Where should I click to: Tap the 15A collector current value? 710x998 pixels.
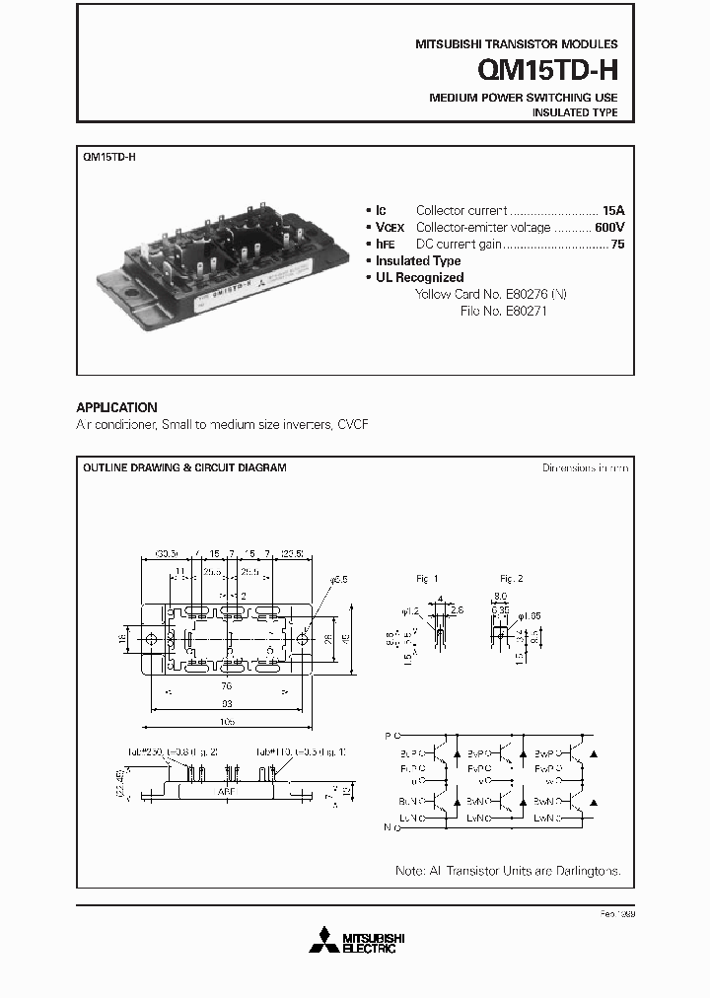click(x=613, y=211)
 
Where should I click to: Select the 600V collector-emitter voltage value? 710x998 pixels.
click(x=608, y=227)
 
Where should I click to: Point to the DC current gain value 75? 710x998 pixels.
click(x=617, y=244)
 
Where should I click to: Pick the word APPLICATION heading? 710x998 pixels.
click(x=116, y=407)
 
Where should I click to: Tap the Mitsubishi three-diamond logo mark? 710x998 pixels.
click(x=322, y=941)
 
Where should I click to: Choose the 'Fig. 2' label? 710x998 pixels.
click(x=511, y=578)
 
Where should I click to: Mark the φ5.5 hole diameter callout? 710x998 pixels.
click(x=339, y=581)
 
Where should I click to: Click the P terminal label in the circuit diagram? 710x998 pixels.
click(x=388, y=736)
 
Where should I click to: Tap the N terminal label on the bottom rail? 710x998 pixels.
click(x=388, y=828)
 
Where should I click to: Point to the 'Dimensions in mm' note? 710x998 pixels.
click(x=585, y=467)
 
